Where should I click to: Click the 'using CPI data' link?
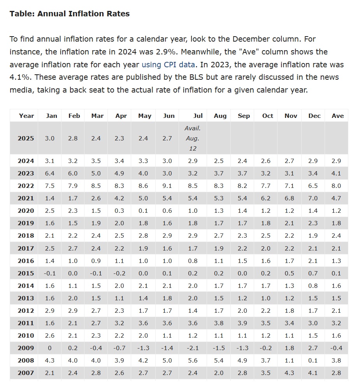point(168,65)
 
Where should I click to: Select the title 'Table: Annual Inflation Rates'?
point(70,14)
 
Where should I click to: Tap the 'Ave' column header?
point(337,116)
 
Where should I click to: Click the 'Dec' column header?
point(314,116)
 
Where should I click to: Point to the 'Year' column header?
point(26,116)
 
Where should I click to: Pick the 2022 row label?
point(26,186)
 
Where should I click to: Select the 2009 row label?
point(26,348)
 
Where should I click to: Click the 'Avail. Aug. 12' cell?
point(193,138)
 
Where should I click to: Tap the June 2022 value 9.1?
point(167,186)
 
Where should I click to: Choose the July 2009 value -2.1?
point(193,348)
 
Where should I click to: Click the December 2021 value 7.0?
point(313,198)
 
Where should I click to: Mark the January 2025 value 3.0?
point(50,138)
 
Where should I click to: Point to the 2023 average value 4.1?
point(336,173)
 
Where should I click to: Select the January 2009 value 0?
point(50,348)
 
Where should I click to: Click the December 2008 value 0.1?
point(313,361)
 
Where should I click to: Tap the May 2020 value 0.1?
point(143,211)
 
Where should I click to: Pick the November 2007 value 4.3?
point(289,373)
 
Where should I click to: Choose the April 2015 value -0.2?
point(119,273)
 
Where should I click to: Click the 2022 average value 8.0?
point(336,186)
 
